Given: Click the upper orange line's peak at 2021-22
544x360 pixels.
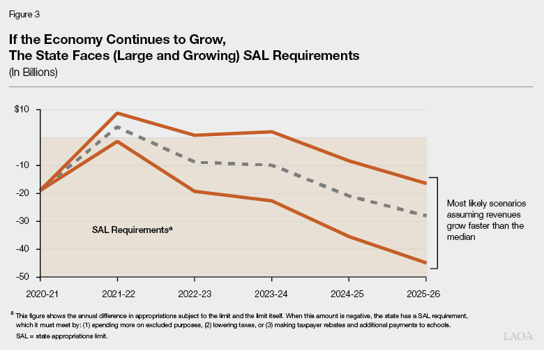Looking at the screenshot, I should [x=117, y=113].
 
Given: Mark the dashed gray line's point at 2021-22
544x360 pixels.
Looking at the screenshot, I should [x=117, y=127].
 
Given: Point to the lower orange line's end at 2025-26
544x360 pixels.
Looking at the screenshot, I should [x=426, y=263].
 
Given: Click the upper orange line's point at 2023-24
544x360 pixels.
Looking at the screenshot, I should [x=271, y=132].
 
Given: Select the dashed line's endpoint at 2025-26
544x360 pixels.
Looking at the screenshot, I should [x=426, y=216].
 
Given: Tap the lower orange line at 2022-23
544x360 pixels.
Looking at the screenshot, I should [x=195, y=191].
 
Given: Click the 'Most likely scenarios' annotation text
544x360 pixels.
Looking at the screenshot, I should [x=485, y=220].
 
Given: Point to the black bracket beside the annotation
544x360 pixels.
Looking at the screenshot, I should [x=436, y=223].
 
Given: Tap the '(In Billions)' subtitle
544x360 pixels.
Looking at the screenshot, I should [x=33, y=73].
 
